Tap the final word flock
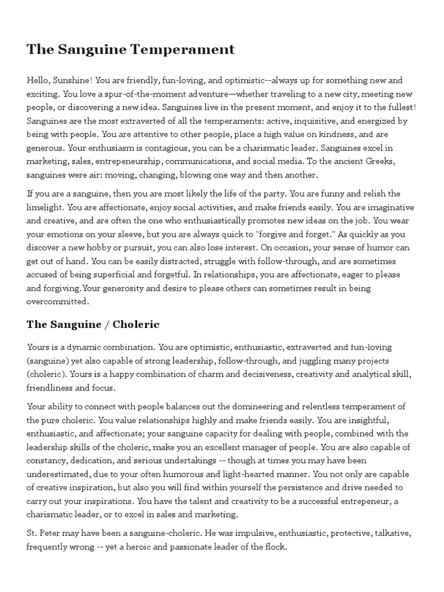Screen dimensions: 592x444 [x=275, y=546]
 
